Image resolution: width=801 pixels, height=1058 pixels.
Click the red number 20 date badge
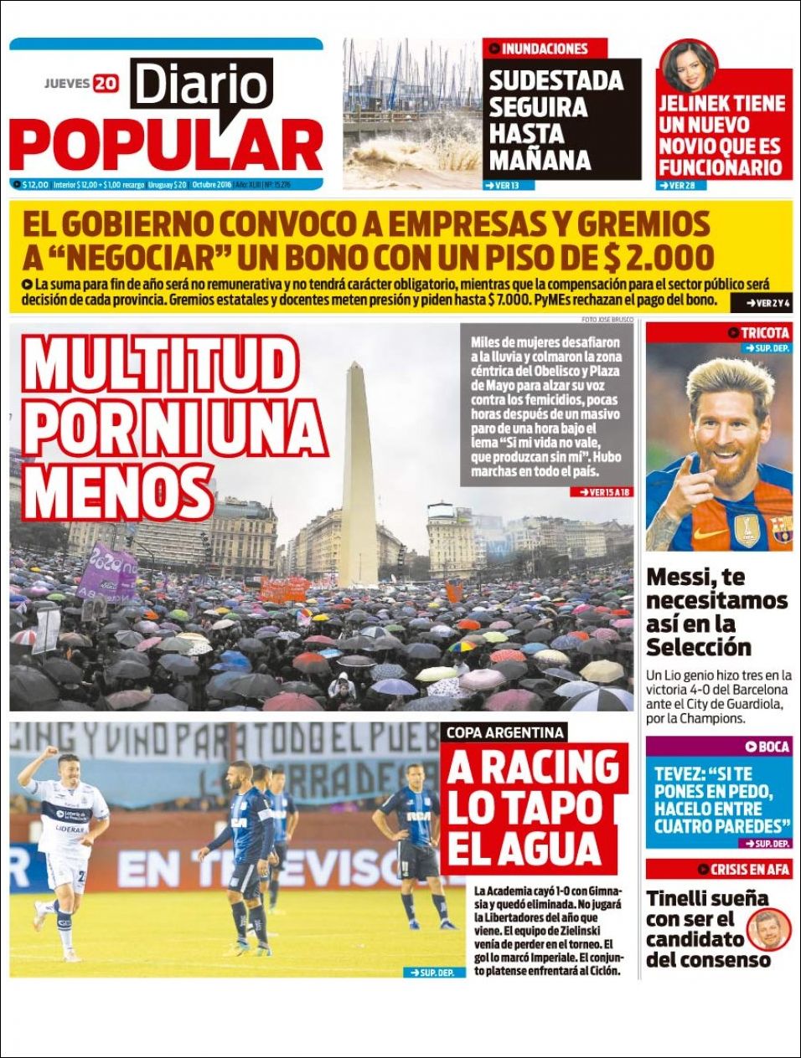click(x=106, y=83)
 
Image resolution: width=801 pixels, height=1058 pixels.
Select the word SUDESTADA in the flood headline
click(x=556, y=81)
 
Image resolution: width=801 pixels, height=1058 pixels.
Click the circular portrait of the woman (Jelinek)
click(x=689, y=69)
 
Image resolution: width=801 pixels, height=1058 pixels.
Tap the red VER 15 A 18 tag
click(x=603, y=492)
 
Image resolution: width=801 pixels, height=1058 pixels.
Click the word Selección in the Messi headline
click(x=698, y=647)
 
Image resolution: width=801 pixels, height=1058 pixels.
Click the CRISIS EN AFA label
click(x=748, y=869)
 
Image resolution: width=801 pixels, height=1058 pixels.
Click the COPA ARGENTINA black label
click(x=504, y=732)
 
